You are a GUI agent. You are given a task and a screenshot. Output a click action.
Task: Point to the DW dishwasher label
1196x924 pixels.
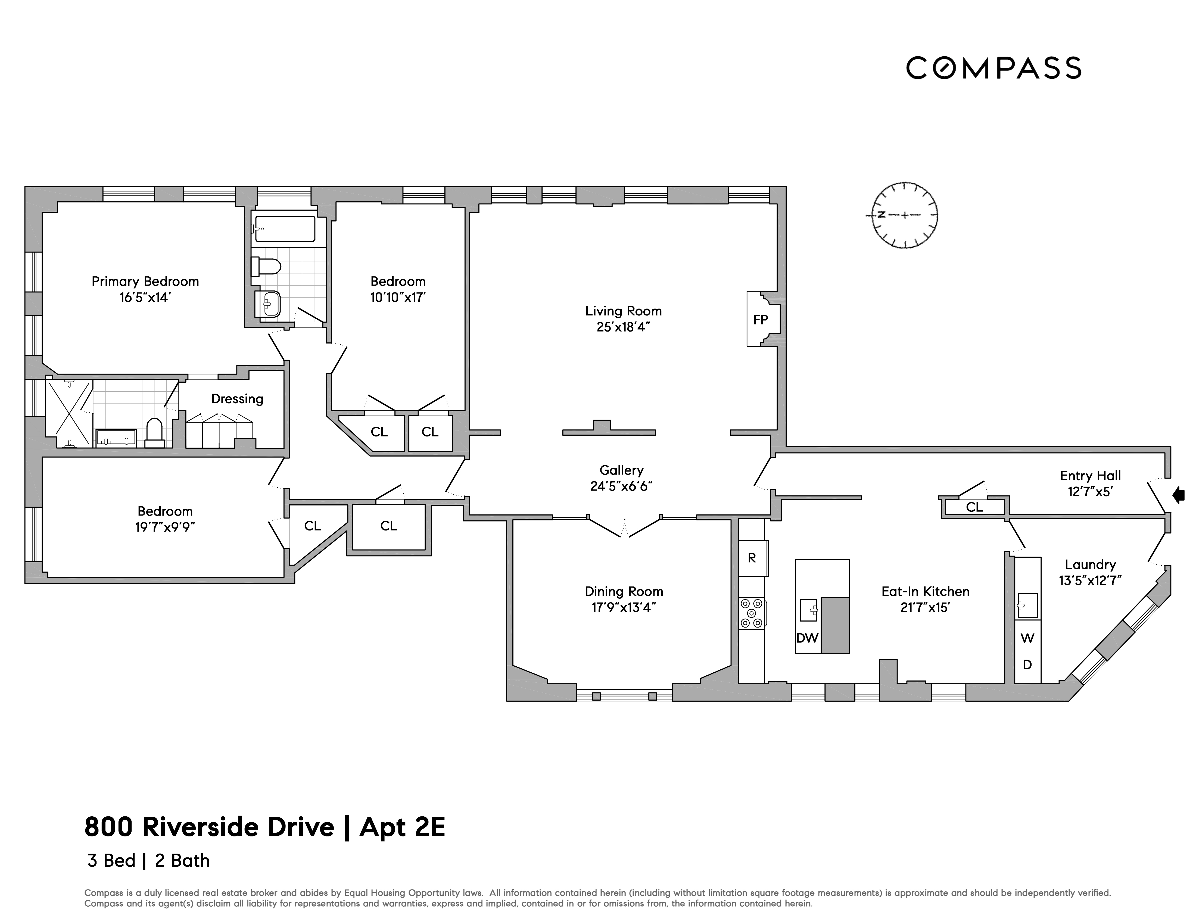pyautogui.click(x=807, y=638)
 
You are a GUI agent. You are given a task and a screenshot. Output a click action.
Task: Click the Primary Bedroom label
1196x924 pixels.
pyautogui.click(x=145, y=281)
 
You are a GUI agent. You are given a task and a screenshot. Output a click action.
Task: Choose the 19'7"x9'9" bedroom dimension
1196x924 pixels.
pyautogui.click(x=165, y=527)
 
